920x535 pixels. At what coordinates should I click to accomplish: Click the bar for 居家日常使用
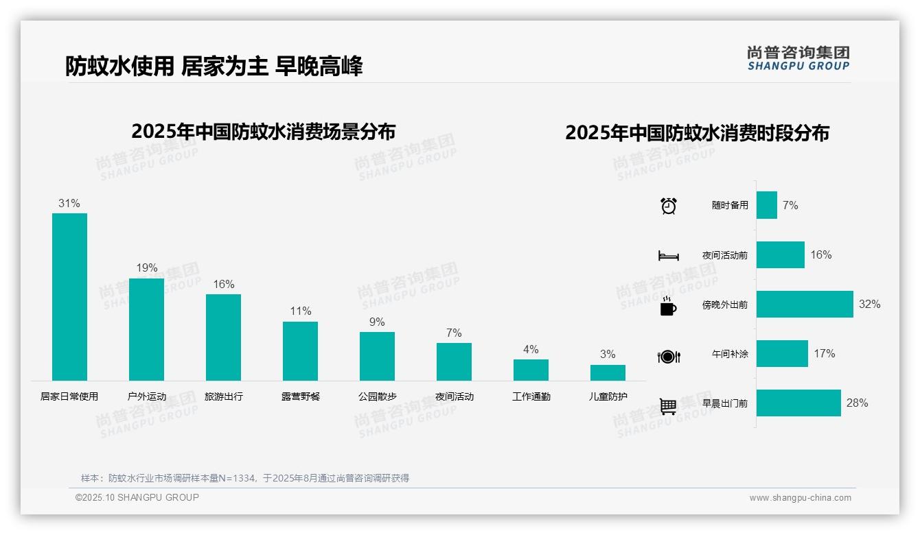tap(69, 296)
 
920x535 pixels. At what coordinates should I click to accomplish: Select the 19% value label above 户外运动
tap(146, 267)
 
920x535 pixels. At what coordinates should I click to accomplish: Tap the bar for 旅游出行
tap(223, 337)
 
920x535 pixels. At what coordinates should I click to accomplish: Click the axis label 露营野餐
tap(300, 396)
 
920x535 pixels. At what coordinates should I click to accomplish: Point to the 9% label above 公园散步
tap(377, 322)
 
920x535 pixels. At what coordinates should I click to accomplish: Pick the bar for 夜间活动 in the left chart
tap(454, 361)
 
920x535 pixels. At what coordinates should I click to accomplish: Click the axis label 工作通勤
tap(531, 396)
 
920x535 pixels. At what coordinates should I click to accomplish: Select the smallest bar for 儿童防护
tap(608, 372)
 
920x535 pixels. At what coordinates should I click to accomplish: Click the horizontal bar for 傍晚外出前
tap(804, 304)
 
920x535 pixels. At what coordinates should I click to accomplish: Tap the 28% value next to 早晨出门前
tap(857, 403)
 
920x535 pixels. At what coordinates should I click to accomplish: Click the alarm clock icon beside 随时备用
tap(669, 206)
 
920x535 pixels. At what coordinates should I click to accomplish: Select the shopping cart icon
tap(668, 406)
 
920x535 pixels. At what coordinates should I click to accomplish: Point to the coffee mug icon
tap(668, 306)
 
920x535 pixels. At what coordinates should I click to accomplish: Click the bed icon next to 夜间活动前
tap(668, 256)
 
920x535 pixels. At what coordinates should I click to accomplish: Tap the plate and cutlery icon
tap(668, 356)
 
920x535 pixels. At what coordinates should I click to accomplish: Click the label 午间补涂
tap(730, 354)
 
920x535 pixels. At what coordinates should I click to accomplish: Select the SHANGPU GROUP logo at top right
tap(798, 58)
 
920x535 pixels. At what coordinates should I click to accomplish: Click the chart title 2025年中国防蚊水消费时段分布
tap(697, 132)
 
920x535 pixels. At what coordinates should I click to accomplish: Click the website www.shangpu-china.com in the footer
tap(800, 498)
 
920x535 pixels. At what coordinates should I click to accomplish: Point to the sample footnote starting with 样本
tap(244, 478)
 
